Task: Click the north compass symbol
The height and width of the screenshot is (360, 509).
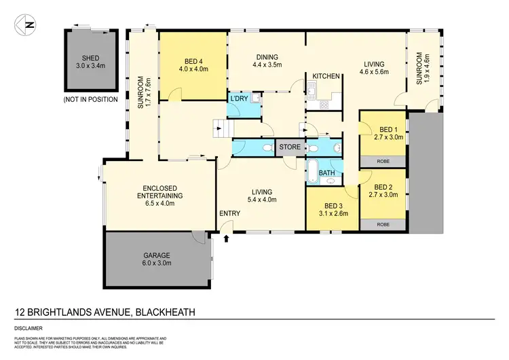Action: point(26,25)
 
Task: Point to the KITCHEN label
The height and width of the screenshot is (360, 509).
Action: point(326,77)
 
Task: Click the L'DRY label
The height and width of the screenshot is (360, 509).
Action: point(238,99)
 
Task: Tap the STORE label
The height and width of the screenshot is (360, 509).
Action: point(290,146)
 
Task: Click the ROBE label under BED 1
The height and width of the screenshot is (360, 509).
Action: point(383,161)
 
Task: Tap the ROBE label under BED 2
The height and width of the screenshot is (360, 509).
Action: point(383,223)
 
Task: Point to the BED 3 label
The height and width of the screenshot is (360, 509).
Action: point(331,209)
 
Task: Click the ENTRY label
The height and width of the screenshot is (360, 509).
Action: point(229,214)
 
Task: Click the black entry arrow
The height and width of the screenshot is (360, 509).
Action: point(227,237)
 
